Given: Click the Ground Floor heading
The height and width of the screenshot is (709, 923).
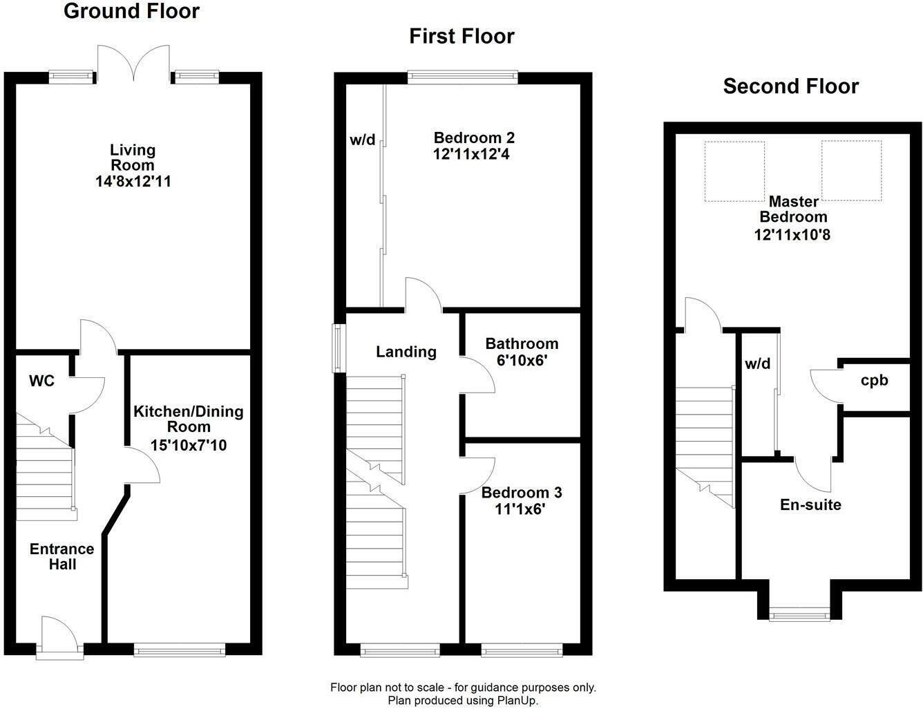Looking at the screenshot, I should point(131,11).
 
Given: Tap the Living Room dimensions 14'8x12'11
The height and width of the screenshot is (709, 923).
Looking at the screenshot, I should point(133,182).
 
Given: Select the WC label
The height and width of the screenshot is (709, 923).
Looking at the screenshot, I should point(41,381).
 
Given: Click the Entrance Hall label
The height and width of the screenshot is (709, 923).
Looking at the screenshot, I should point(61,556).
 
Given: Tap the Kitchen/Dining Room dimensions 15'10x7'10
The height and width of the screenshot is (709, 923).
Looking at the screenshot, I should point(189,446).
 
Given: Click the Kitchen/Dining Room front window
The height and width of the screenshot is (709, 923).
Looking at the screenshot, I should point(180,649).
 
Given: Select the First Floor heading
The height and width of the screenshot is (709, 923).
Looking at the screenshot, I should point(461,36).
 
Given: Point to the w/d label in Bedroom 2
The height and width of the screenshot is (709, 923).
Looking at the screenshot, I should point(363,140).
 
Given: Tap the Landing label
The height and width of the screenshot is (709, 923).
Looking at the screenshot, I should point(406,352).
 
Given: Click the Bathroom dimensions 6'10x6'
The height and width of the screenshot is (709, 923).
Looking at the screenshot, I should point(522,360).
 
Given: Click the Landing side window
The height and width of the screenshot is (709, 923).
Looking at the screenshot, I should point(339,348).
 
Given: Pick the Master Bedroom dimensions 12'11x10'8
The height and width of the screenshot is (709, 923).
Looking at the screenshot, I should point(792,234).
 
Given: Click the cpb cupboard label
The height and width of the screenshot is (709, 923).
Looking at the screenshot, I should point(874,380).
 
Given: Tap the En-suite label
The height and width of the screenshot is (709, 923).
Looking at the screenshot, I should point(810,504).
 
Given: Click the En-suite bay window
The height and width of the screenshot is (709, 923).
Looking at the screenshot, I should point(801,614).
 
